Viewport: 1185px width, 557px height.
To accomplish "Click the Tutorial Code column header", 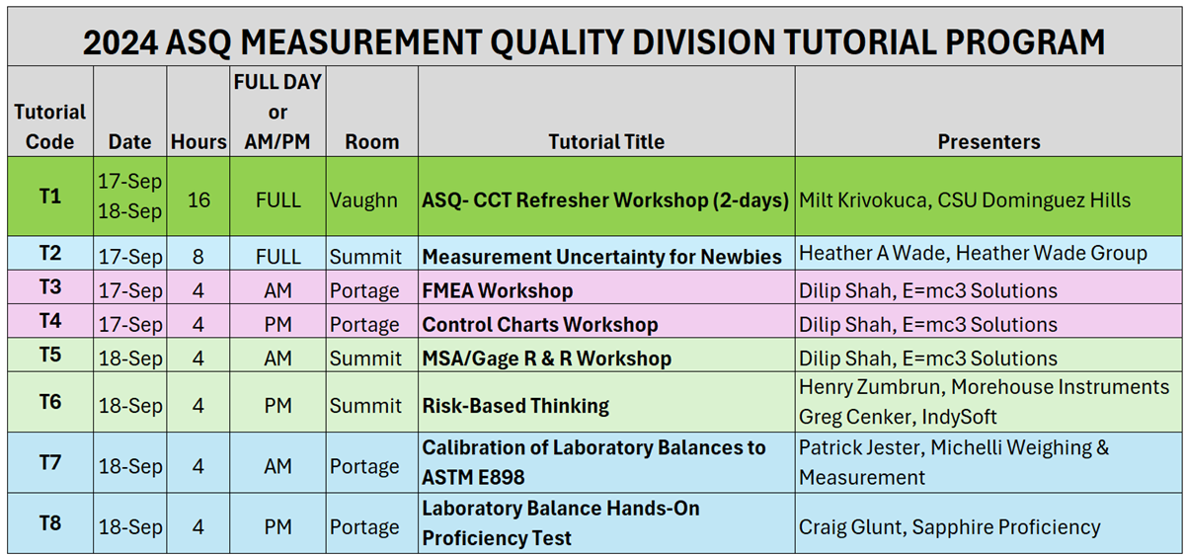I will (x=49, y=126).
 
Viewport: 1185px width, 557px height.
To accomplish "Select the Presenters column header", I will (x=988, y=141).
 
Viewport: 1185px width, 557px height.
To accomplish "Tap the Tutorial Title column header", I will (x=606, y=141).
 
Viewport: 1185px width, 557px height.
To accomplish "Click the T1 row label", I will (x=49, y=196).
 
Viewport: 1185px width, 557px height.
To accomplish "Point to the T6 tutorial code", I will (x=49, y=401).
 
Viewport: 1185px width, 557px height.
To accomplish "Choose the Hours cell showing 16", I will (x=198, y=199).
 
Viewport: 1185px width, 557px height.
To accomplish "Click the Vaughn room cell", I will (x=363, y=199).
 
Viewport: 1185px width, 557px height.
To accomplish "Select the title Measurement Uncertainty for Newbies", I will (x=602, y=257).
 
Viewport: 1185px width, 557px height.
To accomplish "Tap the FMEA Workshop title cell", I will (x=498, y=291).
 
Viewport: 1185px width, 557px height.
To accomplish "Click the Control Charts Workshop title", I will (x=540, y=325).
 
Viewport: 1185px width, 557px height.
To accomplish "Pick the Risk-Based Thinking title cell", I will (x=515, y=406).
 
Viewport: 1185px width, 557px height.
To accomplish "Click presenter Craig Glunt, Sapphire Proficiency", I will (x=949, y=527).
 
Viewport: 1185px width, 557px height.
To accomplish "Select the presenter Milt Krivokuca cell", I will (x=964, y=199).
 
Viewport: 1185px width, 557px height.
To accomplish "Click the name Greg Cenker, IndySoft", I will (x=898, y=418).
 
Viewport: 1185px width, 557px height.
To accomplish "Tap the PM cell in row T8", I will (x=277, y=527).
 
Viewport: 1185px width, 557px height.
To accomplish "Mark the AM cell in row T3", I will (x=277, y=291).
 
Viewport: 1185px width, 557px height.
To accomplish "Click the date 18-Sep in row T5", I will (x=130, y=358).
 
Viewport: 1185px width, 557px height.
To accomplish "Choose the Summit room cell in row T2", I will (x=365, y=257).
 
